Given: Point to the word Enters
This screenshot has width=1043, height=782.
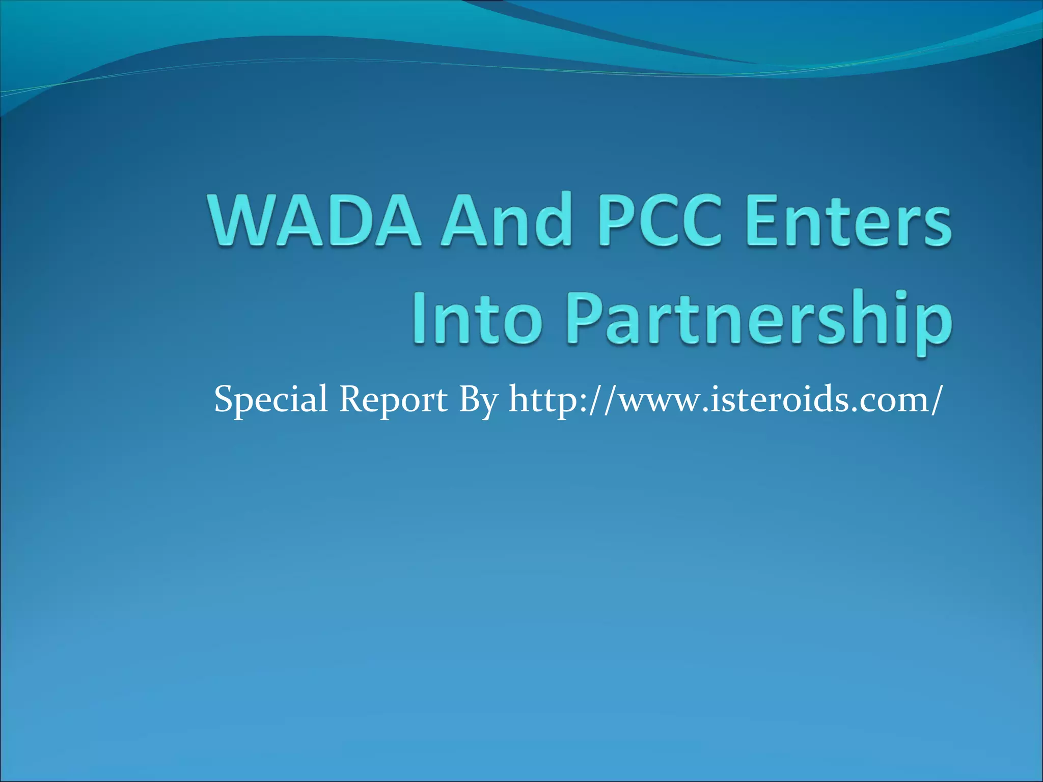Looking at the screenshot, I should [x=848, y=221].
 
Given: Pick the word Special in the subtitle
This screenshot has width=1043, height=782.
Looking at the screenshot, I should [x=270, y=400].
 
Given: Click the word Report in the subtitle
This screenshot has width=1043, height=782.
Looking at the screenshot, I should [x=393, y=400].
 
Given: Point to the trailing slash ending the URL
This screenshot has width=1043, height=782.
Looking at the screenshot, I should [x=932, y=400].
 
